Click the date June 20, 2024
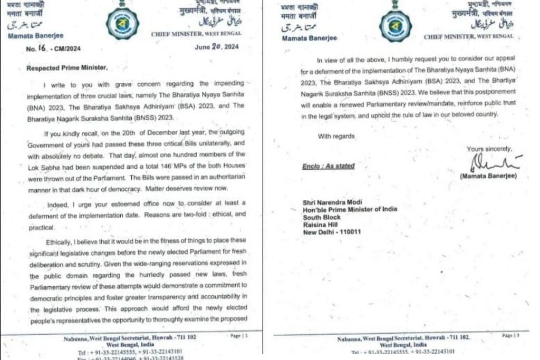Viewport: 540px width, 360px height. tap(216, 47)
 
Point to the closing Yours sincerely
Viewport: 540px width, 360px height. tap(489, 149)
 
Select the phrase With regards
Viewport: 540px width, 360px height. tap(336, 136)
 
